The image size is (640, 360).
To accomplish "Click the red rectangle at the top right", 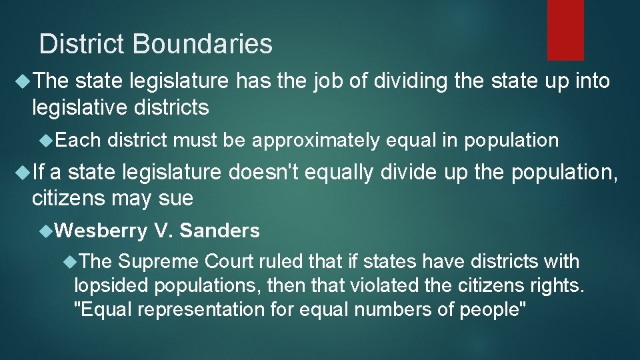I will [x=565, y=30].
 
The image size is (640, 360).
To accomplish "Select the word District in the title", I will [x=82, y=44].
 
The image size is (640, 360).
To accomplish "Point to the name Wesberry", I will [x=101, y=231].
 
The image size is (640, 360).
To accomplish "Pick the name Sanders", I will [x=219, y=231].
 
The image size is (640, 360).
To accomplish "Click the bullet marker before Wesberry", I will [x=46, y=231].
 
